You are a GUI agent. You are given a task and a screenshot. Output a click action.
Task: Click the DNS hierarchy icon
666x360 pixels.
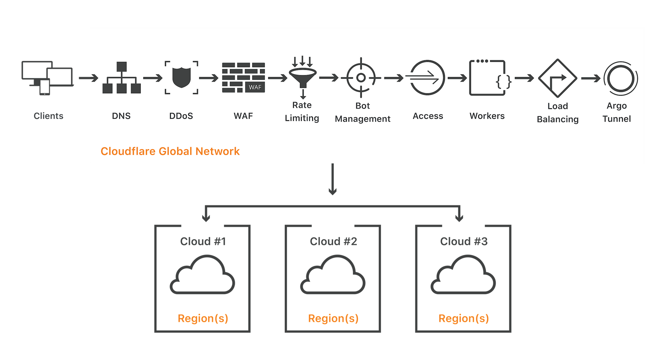[x=121, y=78]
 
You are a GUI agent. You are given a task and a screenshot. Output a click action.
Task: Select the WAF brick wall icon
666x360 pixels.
[x=243, y=78]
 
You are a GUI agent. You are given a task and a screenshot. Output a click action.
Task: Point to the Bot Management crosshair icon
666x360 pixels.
[x=361, y=78]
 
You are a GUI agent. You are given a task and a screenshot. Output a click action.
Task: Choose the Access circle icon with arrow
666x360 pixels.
[x=427, y=78]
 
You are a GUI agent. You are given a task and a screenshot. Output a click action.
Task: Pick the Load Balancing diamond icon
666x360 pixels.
[x=557, y=78]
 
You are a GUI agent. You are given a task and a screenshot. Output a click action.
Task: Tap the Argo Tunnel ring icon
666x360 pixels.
[x=621, y=78]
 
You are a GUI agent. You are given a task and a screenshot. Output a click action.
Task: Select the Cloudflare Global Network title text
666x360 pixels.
[x=170, y=151]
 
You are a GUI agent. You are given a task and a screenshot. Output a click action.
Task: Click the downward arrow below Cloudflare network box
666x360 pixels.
[x=333, y=180]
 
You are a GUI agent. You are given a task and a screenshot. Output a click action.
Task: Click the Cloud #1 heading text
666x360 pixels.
[x=203, y=241]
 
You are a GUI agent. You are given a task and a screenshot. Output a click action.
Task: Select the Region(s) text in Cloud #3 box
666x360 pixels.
[x=464, y=318]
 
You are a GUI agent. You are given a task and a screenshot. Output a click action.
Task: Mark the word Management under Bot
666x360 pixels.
[x=362, y=119]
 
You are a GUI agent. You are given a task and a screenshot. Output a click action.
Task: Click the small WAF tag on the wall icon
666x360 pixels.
[x=255, y=87]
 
